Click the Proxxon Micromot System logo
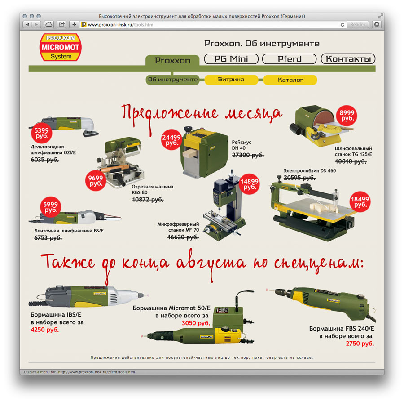61,47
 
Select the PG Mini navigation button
231,59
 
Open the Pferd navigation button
290,59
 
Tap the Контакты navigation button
348,59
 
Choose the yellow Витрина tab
231,80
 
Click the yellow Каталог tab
290,80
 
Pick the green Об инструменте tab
173,80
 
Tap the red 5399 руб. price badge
42,133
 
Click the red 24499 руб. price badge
171,140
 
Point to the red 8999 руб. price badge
347,116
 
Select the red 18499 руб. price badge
360,202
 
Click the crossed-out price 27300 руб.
248,155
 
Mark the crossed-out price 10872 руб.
148,200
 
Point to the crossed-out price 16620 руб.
183,237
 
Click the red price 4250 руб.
45,330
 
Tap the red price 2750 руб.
360,344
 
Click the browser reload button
343,25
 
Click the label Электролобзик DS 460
310,170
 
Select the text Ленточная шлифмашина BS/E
69,231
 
